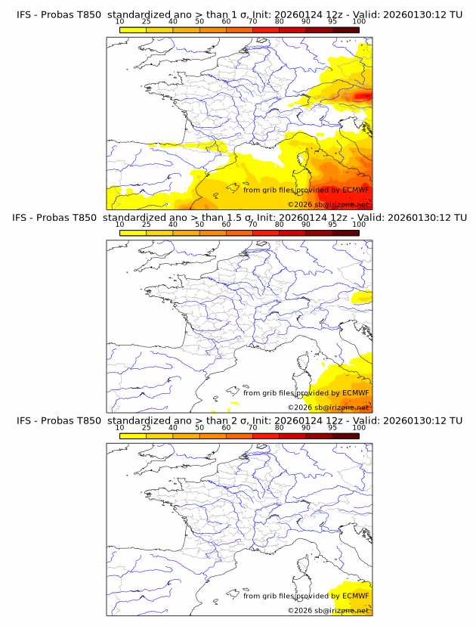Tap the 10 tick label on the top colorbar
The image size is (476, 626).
[x=119, y=22]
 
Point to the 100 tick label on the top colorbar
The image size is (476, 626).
[x=359, y=22]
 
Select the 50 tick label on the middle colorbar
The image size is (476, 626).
[x=199, y=225]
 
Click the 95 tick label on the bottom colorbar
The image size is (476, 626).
[x=332, y=428]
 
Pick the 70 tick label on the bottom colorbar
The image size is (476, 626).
[x=252, y=428]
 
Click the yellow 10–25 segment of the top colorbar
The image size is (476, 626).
[x=133, y=29]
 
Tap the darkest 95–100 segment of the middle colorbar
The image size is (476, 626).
[x=345, y=233]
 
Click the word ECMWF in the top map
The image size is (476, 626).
[x=355, y=190]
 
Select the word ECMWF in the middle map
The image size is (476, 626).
[x=355, y=392]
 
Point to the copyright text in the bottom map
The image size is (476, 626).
[x=328, y=609]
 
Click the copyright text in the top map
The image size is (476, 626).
[x=328, y=204]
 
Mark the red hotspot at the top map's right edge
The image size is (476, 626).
[x=364, y=96]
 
